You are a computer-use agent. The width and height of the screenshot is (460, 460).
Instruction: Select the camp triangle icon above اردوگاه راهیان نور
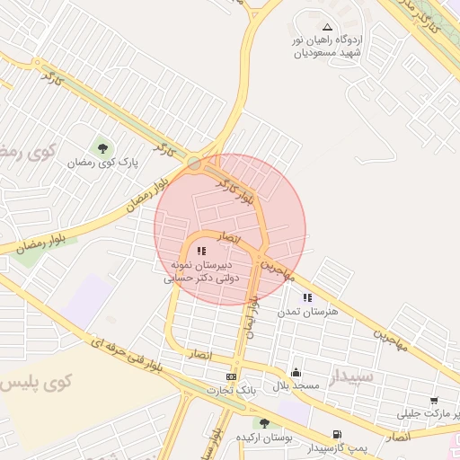(326, 27)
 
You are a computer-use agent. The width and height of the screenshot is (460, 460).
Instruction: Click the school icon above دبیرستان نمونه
(201, 252)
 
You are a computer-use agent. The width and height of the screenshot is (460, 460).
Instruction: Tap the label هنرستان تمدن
(307, 311)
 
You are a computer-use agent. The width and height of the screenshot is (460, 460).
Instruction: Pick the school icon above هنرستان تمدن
(307, 297)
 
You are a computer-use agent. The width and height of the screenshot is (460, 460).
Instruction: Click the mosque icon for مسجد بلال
(296, 372)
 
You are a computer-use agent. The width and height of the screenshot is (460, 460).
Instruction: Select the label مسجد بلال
(296, 385)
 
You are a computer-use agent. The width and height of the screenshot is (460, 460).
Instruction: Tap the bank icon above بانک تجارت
(232, 376)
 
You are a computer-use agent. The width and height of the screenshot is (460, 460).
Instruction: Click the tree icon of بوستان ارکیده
(264, 422)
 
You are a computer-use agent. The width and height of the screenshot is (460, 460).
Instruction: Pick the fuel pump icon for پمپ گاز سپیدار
(337, 434)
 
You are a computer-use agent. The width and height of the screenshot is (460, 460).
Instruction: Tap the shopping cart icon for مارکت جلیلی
(435, 400)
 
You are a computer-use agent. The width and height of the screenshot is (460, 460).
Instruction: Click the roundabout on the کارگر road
(195, 163)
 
